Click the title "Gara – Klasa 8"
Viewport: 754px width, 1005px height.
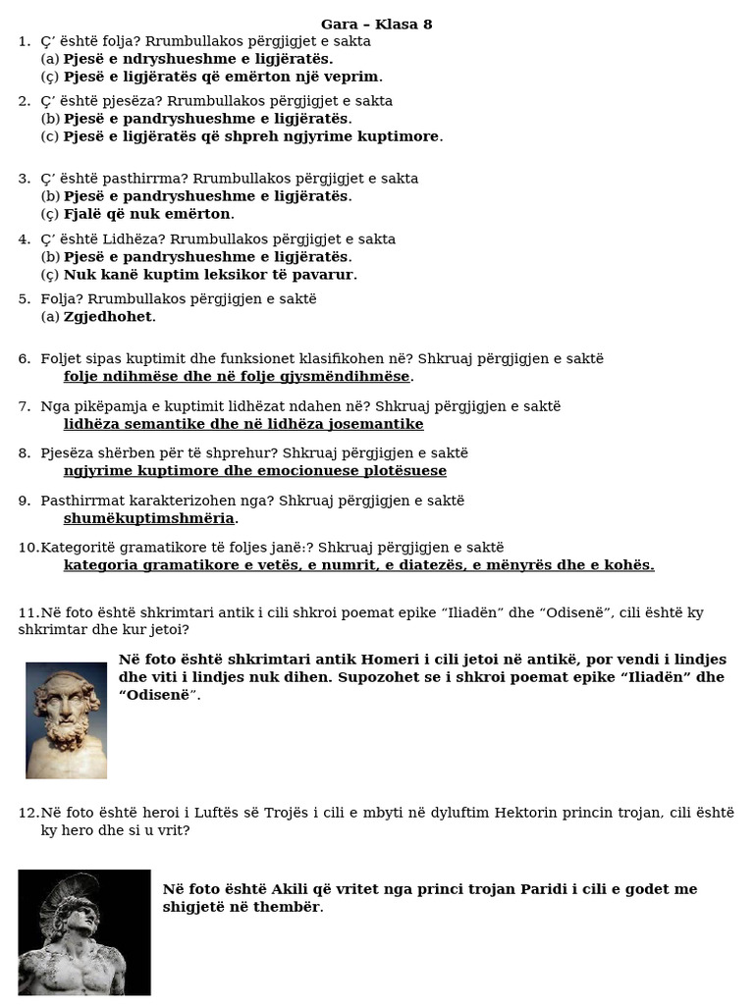[x=376, y=24]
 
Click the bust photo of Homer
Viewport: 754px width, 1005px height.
[x=66, y=719]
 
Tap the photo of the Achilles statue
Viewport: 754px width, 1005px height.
[x=84, y=931]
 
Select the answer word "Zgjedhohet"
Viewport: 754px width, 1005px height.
[x=108, y=316]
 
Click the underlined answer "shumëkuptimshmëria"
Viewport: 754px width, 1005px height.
[x=149, y=518]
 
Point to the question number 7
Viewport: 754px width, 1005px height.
[x=25, y=406]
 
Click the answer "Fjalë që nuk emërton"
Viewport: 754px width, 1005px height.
[x=147, y=214]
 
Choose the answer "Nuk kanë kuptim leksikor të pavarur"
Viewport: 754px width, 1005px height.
[x=209, y=275]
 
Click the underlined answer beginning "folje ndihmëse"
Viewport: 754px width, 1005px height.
[x=237, y=377]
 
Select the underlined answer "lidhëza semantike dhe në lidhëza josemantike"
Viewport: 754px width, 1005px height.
[x=243, y=424]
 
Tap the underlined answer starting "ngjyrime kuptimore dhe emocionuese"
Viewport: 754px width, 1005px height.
[x=255, y=471]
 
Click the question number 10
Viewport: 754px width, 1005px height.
[x=27, y=548]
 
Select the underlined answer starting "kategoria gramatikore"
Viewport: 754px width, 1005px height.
[x=358, y=565]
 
